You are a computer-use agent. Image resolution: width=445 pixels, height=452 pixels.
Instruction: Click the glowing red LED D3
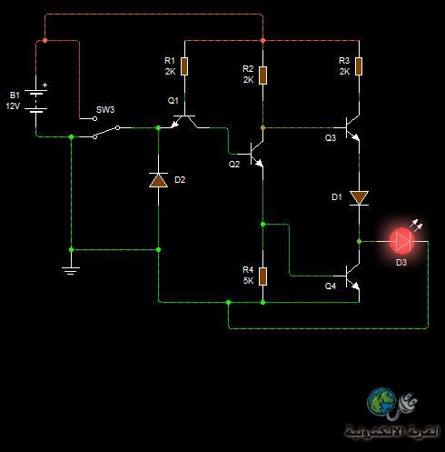[x=402, y=242]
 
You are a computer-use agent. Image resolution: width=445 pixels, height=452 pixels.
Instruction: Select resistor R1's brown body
[x=184, y=66]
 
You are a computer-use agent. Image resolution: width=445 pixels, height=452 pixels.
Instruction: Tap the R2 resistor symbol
[x=262, y=75]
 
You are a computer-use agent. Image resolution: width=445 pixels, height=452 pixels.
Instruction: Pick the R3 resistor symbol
[x=359, y=66]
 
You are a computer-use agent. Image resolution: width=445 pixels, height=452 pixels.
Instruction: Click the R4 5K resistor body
[x=262, y=276]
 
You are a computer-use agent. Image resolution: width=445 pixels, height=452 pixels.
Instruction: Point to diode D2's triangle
[x=158, y=180]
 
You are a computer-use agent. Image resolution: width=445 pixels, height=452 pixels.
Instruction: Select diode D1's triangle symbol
[x=359, y=198]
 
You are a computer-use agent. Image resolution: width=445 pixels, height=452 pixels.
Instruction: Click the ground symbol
[x=71, y=271]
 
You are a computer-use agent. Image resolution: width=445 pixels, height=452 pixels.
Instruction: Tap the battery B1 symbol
[x=35, y=101]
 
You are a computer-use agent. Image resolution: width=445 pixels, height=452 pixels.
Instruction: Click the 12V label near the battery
[x=13, y=106]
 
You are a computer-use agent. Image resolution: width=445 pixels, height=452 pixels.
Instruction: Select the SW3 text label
[x=105, y=110]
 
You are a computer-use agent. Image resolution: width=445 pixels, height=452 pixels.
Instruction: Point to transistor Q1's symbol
[x=184, y=121]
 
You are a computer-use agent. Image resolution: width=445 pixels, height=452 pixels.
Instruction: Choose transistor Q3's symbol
[x=352, y=127]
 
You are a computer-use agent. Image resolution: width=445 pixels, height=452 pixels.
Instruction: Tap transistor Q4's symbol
[x=352, y=276]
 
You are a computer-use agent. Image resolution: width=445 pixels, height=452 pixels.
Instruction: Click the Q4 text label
[x=331, y=286]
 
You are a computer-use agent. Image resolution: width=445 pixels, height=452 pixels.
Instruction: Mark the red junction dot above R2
[x=262, y=40]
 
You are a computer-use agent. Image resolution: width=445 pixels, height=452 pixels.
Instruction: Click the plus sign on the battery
[x=44, y=85]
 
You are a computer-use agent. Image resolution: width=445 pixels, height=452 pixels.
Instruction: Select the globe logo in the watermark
[x=381, y=401]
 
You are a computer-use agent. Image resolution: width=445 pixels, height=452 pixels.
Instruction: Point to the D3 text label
[x=401, y=263]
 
